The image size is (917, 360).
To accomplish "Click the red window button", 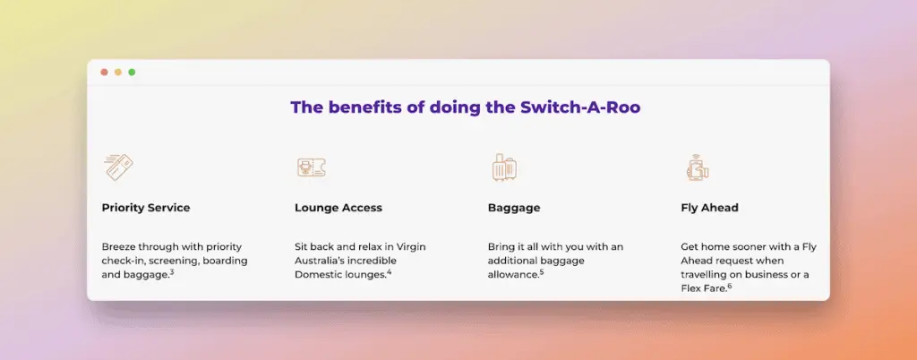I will click(105, 72).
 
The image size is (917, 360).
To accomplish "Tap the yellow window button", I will click(118, 72).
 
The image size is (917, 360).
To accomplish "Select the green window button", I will click(132, 72).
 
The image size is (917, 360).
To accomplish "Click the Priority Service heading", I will click(146, 208).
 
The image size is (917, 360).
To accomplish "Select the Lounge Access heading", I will click(339, 208).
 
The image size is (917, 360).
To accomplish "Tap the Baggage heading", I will click(514, 208).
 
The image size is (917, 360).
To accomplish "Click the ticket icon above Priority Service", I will click(118, 167).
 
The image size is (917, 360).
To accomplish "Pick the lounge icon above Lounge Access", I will click(311, 167).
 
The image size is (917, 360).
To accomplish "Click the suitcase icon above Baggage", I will click(504, 167).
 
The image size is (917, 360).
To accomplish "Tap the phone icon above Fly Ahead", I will click(697, 167).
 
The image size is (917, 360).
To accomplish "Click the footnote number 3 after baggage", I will click(171, 272).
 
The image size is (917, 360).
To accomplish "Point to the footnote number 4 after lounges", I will click(390, 272).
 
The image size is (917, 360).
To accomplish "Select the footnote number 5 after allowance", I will click(542, 272).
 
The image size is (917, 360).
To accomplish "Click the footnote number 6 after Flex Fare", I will click(730, 286).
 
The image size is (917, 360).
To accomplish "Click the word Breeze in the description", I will click(120, 246).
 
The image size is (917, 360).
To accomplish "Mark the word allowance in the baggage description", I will click(513, 274).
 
